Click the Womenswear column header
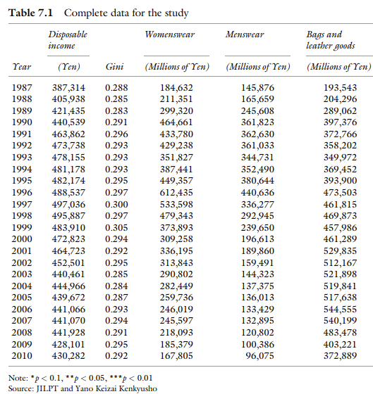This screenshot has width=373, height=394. coord(169,34)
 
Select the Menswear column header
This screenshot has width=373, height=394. coord(245,34)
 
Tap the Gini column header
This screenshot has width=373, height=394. coord(115,67)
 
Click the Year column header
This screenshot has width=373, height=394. coord(22,67)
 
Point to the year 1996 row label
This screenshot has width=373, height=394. coord(22,193)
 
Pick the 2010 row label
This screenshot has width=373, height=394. coord(22,355)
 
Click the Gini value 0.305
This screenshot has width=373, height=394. coord(116,227)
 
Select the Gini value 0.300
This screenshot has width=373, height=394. coord(116,204)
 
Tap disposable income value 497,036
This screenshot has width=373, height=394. coord(68,204)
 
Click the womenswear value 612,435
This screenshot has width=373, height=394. coord(176,193)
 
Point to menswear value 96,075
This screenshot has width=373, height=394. coord(259,355)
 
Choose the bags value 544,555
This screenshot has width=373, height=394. coord(340,309)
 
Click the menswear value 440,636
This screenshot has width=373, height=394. coord(257,193)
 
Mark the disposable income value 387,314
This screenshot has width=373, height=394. coord(68,88)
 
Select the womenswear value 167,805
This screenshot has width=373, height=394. coord(176,355)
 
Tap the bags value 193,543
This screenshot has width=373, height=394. coord(340,88)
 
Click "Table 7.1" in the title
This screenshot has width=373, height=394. coord(30,13)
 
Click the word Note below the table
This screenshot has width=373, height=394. coord(18,378)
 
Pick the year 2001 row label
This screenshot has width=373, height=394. coord(22,250)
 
